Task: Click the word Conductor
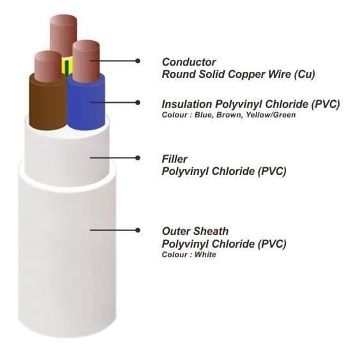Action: [189, 62]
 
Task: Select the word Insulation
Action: [187, 104]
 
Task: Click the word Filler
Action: [174, 159]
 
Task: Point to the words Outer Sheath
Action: [195, 231]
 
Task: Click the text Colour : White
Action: [189, 255]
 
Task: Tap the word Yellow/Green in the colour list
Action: [271, 114]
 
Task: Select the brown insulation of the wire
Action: [48, 103]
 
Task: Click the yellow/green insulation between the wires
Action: [67, 66]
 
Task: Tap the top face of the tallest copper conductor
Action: [63, 20]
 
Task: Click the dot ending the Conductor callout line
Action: [138, 61]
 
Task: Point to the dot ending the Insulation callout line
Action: [138, 102]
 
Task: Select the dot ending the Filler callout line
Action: [138, 158]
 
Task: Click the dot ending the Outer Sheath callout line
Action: [138, 230]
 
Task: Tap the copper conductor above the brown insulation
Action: [48, 66]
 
